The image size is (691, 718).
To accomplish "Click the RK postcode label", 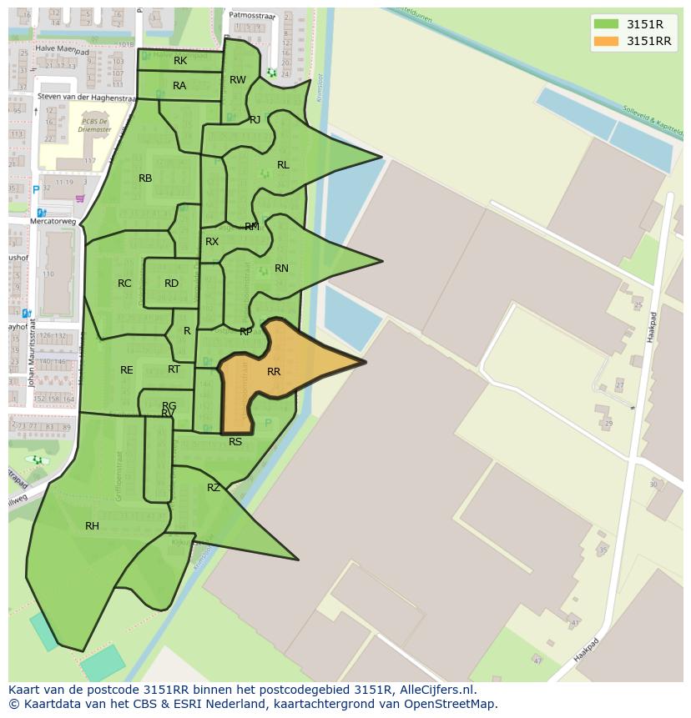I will pos(180,61).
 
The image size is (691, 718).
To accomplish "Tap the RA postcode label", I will pos(179,86).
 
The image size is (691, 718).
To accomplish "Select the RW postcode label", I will pos(238,80).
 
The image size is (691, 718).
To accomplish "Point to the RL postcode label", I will pos(283,165).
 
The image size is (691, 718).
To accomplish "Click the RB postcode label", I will pos(145,178).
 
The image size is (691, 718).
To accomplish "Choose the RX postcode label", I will pos(212,242).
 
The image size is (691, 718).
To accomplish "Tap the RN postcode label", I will pos(281,269).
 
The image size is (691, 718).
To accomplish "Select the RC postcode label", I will pos(124,284).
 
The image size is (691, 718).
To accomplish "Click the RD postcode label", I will pos(171,284).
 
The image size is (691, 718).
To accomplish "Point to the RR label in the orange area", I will pos(274,372).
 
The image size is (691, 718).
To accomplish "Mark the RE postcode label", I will pos(127,370).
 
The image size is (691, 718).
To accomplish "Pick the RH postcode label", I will pos(92,526).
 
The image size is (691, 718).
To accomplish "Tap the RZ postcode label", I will pos(214,488).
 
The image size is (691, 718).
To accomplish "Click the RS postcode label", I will pos(235,442).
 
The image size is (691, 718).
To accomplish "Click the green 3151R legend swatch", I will pos(606,24).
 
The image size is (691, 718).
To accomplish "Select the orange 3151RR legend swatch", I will pos(606,41).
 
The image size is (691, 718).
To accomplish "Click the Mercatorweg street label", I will pos(53,223).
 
